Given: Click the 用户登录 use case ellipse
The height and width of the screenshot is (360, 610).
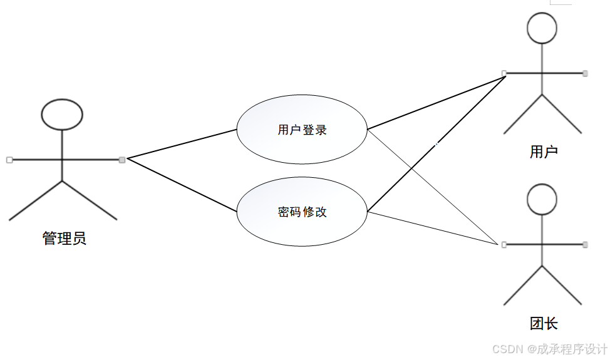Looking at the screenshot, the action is pyautogui.click(x=302, y=130).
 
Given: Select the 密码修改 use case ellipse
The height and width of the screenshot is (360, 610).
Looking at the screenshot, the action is pyautogui.click(x=302, y=212).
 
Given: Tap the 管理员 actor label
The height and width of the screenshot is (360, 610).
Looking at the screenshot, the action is pyautogui.click(x=64, y=239).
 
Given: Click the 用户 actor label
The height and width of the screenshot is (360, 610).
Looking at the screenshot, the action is pyautogui.click(x=543, y=152).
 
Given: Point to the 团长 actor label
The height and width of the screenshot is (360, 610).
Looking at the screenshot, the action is pyautogui.click(x=543, y=324).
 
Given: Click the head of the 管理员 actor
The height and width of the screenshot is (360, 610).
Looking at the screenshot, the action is pyautogui.click(x=62, y=114).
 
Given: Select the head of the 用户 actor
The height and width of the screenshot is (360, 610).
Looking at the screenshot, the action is pyautogui.click(x=542, y=28).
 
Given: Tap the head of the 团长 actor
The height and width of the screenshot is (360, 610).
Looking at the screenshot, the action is pyautogui.click(x=542, y=198).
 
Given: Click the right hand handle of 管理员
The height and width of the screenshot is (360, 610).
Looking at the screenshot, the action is pyautogui.click(x=122, y=160).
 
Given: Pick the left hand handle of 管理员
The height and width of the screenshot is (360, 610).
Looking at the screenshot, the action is pyautogui.click(x=9, y=160).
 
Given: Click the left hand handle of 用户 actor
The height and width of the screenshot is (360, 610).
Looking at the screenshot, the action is pyautogui.click(x=504, y=73).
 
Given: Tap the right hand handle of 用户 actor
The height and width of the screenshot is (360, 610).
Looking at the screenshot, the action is pyautogui.click(x=585, y=73).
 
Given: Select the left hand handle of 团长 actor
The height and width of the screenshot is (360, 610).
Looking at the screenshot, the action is pyautogui.click(x=504, y=244).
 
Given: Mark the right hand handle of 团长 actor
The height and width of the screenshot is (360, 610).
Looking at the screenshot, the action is pyautogui.click(x=585, y=244).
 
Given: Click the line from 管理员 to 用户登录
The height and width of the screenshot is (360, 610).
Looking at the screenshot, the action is pyautogui.click(x=182, y=144).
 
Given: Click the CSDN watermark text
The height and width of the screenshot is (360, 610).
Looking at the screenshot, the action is pyautogui.click(x=549, y=349).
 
